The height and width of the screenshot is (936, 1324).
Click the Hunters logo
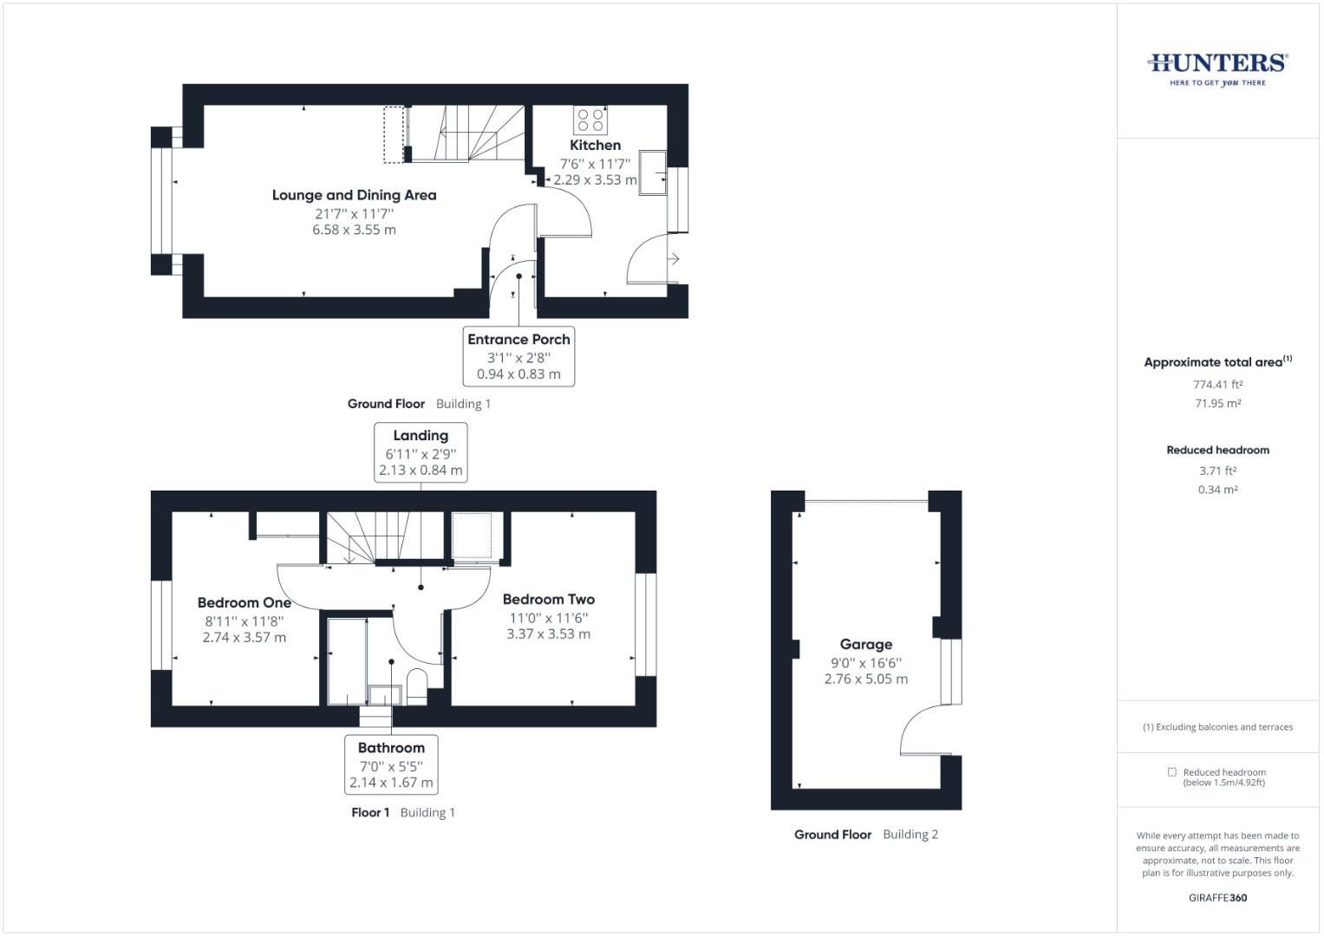[x=1217, y=68]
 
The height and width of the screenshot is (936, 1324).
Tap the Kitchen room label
[x=595, y=145]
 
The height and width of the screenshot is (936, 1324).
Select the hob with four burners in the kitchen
[x=590, y=120]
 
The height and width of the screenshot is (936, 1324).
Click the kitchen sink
[x=652, y=172]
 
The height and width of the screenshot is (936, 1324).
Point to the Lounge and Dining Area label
[x=354, y=195]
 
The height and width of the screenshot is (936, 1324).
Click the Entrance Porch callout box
[x=519, y=356]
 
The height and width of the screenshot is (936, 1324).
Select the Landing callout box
[x=421, y=452]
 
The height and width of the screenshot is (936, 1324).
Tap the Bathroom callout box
[x=391, y=764]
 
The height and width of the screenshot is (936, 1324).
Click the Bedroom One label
[x=244, y=602]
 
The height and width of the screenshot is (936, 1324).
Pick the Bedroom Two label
[x=548, y=599]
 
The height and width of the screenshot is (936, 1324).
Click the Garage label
[x=865, y=644]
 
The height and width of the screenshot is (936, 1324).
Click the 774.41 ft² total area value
[x=1217, y=384]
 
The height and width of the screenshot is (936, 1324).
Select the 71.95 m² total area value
[x=1217, y=403]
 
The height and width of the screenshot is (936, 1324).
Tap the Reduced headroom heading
[x=1217, y=450]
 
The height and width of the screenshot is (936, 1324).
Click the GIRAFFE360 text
[x=1217, y=898]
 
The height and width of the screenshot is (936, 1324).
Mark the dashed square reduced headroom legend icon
[x=1172, y=772]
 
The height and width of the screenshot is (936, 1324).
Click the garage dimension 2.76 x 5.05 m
[x=865, y=679]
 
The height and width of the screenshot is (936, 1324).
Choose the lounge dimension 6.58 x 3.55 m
[x=354, y=230]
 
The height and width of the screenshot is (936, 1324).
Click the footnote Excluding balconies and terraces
[x=1217, y=727]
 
